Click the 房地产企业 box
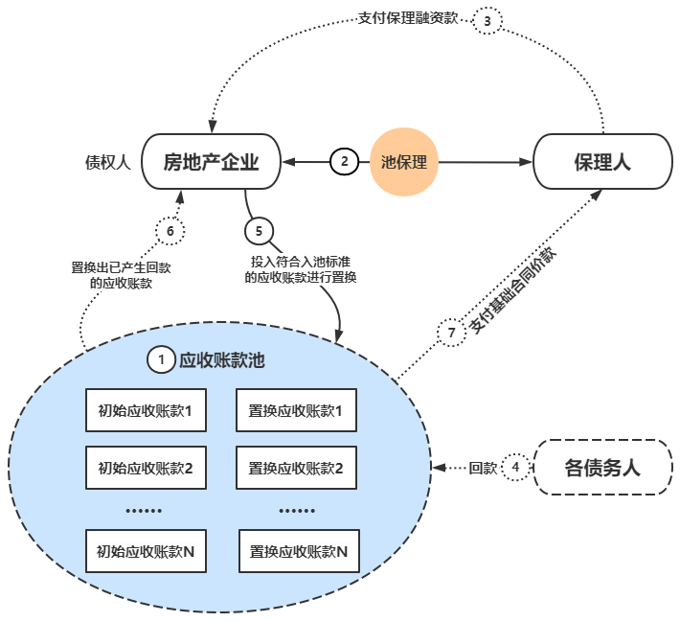[x=212, y=162]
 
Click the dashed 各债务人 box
[x=601, y=469]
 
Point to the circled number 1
[x=161, y=359]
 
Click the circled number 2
[x=344, y=162]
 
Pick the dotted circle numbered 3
[x=488, y=21]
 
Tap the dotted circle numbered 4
[x=516, y=469]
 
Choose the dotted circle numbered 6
[x=170, y=231]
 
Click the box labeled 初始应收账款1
[x=146, y=413]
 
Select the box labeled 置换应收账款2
[x=296, y=469]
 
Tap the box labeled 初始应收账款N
[x=146, y=551]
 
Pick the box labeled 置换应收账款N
[x=298, y=551]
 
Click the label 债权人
[x=107, y=162]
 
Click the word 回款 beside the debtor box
[x=483, y=469]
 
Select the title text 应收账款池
[x=221, y=360]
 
